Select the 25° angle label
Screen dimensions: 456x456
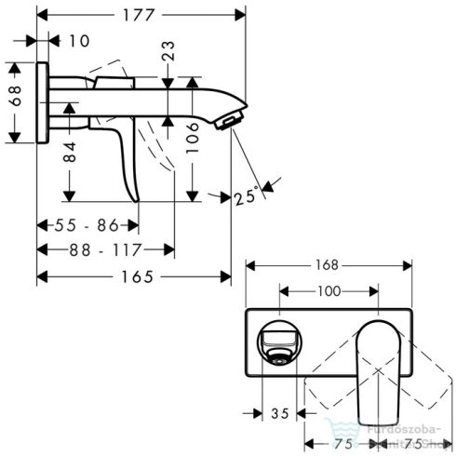pos(247,197)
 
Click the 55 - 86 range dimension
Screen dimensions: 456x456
pos(87,224)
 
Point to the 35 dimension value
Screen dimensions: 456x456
pos(280,412)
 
